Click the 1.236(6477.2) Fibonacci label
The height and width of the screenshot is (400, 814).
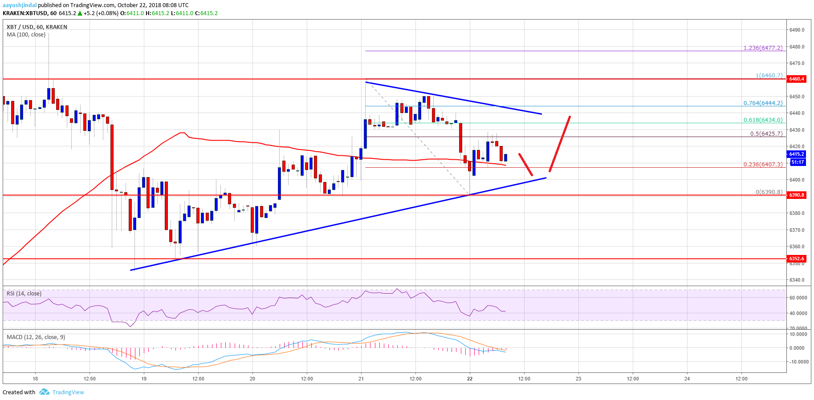coord(763,48)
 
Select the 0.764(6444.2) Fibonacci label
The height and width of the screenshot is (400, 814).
coord(763,103)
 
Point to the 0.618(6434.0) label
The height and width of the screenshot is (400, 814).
coord(763,120)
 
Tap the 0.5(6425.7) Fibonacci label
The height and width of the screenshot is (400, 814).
coord(766,133)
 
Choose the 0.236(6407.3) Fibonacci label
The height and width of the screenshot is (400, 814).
coord(763,164)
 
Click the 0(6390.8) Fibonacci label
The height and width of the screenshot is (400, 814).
coord(769,192)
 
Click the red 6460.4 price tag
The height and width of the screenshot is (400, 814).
coord(797,79)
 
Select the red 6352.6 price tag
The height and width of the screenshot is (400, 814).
coord(797,259)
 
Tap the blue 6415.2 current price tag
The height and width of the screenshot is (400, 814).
coord(797,154)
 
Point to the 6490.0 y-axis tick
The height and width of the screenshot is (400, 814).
coord(797,30)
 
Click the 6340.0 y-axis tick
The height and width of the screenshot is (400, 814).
coord(797,280)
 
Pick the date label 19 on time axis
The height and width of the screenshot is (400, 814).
coord(144,379)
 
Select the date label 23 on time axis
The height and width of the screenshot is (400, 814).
coord(578,379)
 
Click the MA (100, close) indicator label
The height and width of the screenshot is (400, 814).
coord(26,35)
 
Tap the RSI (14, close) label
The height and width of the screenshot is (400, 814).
coord(24,293)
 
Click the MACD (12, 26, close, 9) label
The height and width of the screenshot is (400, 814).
coord(36,337)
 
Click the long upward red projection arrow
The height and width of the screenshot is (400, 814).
coord(560,144)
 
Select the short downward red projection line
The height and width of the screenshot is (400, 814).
coord(525,165)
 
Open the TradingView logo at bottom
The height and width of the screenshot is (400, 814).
coord(62,392)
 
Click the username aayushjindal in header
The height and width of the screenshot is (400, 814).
coord(20,5)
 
